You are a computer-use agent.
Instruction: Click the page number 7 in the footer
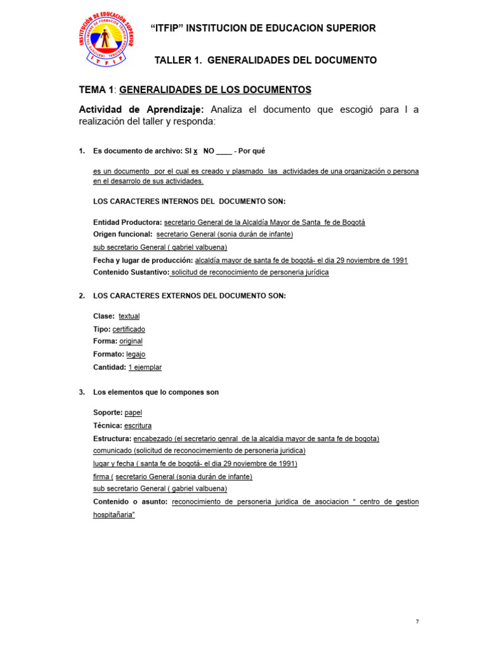[417, 622]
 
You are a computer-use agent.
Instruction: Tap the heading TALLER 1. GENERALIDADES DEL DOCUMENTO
[266, 60]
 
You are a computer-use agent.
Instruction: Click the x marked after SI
[195, 151]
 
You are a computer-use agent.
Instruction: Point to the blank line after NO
[224, 152]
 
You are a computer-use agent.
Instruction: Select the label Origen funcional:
[122, 235]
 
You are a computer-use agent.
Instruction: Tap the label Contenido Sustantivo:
[131, 273]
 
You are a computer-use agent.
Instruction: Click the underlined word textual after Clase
[129, 316]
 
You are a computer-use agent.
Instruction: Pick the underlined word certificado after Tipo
[129, 330]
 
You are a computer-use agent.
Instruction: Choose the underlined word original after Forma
[131, 342]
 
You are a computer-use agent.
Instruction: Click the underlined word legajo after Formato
[136, 354]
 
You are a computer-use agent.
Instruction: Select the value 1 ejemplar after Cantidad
[145, 368]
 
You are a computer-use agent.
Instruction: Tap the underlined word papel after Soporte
[133, 413]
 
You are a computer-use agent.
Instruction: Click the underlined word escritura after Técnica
[138, 426]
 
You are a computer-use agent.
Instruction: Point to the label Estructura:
[112, 439]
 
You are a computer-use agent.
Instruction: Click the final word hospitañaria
[114, 515]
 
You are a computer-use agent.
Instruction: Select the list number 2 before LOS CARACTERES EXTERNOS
[81, 296]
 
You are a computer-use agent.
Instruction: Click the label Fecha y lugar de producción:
[143, 260]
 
